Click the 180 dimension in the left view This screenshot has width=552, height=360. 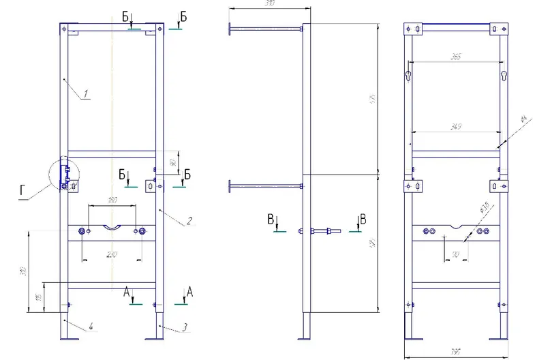coord(112,200)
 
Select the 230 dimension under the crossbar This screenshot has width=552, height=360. coord(112,254)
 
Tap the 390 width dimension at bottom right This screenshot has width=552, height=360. coord(455,352)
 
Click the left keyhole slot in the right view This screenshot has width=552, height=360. coord(408,74)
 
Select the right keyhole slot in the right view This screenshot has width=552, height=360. coord(504,74)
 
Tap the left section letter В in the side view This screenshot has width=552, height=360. coord(271,220)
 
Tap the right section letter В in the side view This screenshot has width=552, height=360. coord(363,220)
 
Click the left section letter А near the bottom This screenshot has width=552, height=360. coord(127,292)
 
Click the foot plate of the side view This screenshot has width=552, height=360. coord(307,338)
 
